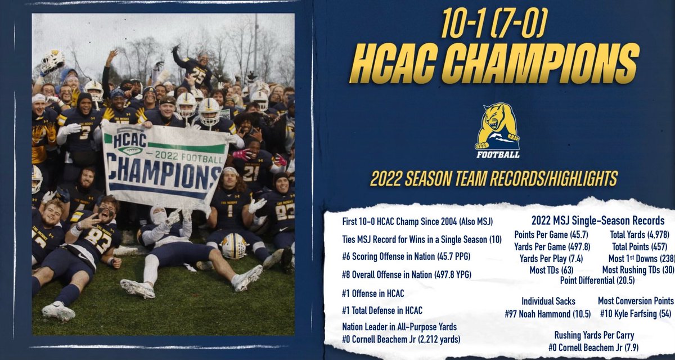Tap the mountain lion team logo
point(497,127)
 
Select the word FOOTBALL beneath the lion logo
point(497,154)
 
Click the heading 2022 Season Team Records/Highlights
point(493,179)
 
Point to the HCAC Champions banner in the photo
point(161,165)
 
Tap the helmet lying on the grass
point(233,246)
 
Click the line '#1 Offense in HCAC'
point(373,293)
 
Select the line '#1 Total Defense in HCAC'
point(382,310)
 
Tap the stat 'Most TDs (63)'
point(545,270)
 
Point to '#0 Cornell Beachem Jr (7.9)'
point(593,347)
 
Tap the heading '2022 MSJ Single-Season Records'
point(598,220)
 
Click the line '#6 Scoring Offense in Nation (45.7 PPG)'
point(406,256)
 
